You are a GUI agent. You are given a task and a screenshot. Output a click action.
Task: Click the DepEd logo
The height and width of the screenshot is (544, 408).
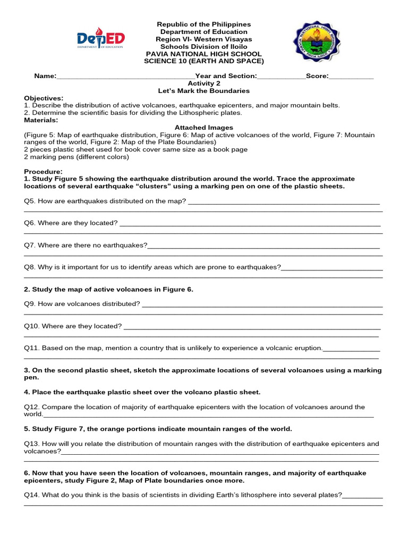point(100,40)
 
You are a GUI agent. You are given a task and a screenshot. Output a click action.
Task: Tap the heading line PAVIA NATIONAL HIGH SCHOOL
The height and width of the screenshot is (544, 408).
point(204,54)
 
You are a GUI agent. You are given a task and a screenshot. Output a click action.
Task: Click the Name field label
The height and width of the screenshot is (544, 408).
point(45,76)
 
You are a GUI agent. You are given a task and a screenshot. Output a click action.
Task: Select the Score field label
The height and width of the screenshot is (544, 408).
point(317,76)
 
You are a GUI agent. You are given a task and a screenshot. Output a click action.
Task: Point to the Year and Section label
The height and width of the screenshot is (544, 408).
point(226,76)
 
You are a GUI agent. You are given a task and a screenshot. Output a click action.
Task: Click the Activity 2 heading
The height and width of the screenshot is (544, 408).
point(204,83)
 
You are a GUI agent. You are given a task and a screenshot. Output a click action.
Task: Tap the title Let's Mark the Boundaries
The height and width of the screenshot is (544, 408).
point(204,91)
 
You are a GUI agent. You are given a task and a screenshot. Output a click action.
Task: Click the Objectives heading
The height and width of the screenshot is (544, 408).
point(44,98)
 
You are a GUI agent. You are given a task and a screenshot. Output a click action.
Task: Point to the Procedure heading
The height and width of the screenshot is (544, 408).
point(43,172)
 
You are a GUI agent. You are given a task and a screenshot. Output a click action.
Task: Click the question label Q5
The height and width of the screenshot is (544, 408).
point(30,201)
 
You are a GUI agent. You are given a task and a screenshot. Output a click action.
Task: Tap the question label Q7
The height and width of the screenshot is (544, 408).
point(30,245)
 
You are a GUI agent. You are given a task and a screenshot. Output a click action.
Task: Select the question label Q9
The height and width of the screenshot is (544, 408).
point(30,304)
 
